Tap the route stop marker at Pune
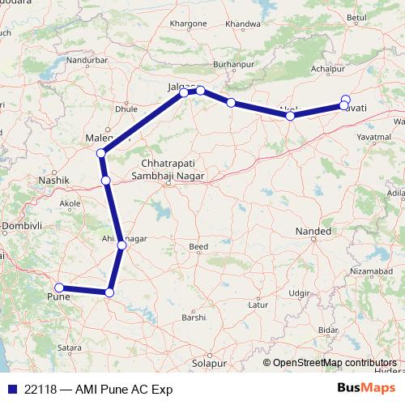58,288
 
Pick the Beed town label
198,246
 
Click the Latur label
258,305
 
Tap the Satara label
70,348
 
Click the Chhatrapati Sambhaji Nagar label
170,168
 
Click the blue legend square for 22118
11,388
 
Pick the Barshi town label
193,318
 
